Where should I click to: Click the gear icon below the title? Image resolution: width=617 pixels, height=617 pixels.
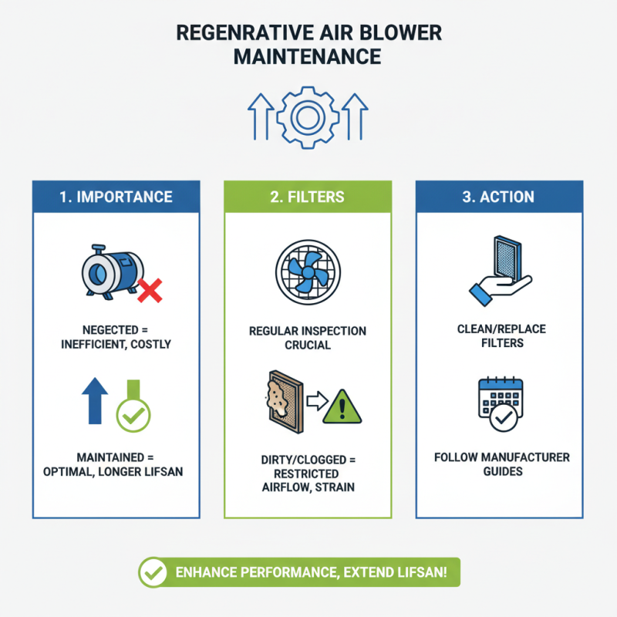(x=308, y=118)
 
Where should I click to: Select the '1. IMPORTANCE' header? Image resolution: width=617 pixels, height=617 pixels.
(x=116, y=197)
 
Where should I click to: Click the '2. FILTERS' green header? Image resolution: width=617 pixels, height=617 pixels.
(x=308, y=197)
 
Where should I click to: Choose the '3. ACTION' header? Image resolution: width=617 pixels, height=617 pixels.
(x=498, y=197)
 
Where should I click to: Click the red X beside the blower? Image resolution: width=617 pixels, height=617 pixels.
(x=150, y=291)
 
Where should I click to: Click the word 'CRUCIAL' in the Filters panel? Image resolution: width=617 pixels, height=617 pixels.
(x=308, y=345)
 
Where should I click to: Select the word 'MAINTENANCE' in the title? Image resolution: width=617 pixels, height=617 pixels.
(x=308, y=56)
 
